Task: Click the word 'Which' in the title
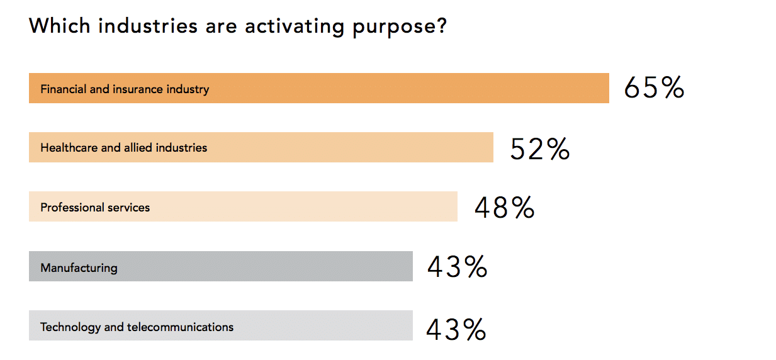(60, 26)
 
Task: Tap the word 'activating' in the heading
(295, 27)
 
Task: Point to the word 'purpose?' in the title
(400, 28)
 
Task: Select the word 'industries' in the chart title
(147, 26)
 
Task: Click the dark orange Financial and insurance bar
(318, 88)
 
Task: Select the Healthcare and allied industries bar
(261, 147)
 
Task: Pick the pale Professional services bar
(243, 206)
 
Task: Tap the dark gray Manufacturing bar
(221, 266)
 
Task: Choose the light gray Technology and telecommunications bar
(221, 325)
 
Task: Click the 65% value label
(654, 87)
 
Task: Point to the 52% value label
(540, 149)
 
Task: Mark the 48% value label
(504, 208)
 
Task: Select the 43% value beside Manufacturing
(458, 266)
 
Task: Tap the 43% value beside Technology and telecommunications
(456, 329)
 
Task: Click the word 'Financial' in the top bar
(63, 89)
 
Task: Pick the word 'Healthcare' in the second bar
(69, 148)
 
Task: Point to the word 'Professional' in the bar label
(72, 207)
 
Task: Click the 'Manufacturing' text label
(79, 268)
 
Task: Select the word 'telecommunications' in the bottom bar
(180, 327)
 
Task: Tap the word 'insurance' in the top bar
(138, 89)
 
